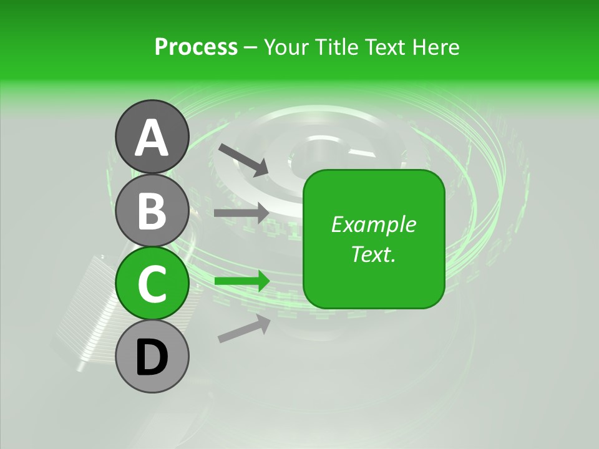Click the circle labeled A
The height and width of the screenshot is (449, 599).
tap(152, 137)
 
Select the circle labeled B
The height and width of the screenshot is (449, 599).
tap(152, 210)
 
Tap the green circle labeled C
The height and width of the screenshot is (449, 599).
tap(152, 284)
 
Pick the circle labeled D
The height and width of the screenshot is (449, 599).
tap(152, 357)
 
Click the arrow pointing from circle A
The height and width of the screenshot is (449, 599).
tap(243, 159)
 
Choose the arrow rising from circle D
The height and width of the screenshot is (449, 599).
tap(244, 329)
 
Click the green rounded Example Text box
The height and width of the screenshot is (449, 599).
tap(374, 239)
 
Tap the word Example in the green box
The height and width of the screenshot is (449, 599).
tap(374, 224)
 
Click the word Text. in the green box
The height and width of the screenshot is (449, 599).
tap(374, 254)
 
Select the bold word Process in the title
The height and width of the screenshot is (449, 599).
tap(196, 47)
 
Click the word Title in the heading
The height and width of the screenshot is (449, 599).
tap(338, 47)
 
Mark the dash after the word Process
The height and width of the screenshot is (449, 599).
tap(251, 47)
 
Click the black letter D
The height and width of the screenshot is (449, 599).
tap(152, 358)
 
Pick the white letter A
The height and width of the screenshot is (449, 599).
tap(152, 138)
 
